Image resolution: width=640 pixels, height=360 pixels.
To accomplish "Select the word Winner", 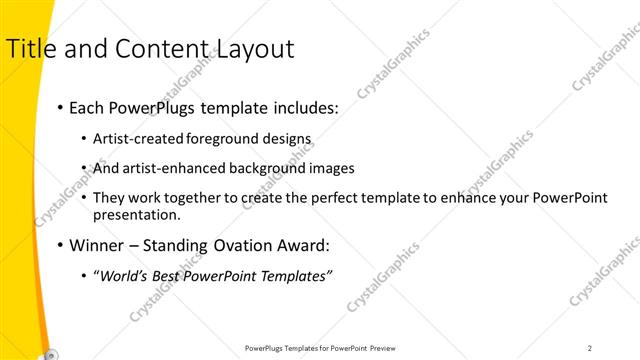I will tap(98, 244).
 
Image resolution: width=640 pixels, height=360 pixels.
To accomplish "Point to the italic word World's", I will tap(123, 276).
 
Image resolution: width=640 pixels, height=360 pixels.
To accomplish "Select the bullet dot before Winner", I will tap(61, 245).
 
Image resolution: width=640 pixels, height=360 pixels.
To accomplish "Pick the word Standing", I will tap(179, 244).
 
